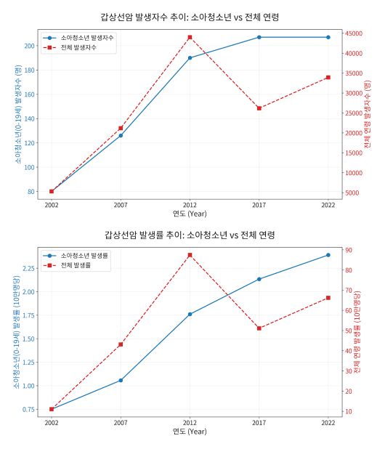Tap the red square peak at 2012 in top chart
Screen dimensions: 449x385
pos(190,37)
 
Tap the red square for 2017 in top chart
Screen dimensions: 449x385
pos(259,108)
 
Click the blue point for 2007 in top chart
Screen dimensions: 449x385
pos(121,135)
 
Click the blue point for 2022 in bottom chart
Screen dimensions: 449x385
pos(328,255)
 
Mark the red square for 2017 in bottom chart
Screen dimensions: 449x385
pos(259,328)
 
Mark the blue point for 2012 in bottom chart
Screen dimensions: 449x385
pos(190,314)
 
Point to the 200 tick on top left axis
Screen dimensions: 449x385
pos(29,46)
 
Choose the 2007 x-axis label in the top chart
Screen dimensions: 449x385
pos(121,205)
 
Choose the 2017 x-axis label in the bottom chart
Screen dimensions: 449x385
pos(259,423)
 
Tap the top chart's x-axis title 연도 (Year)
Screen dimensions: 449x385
pos(190,214)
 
